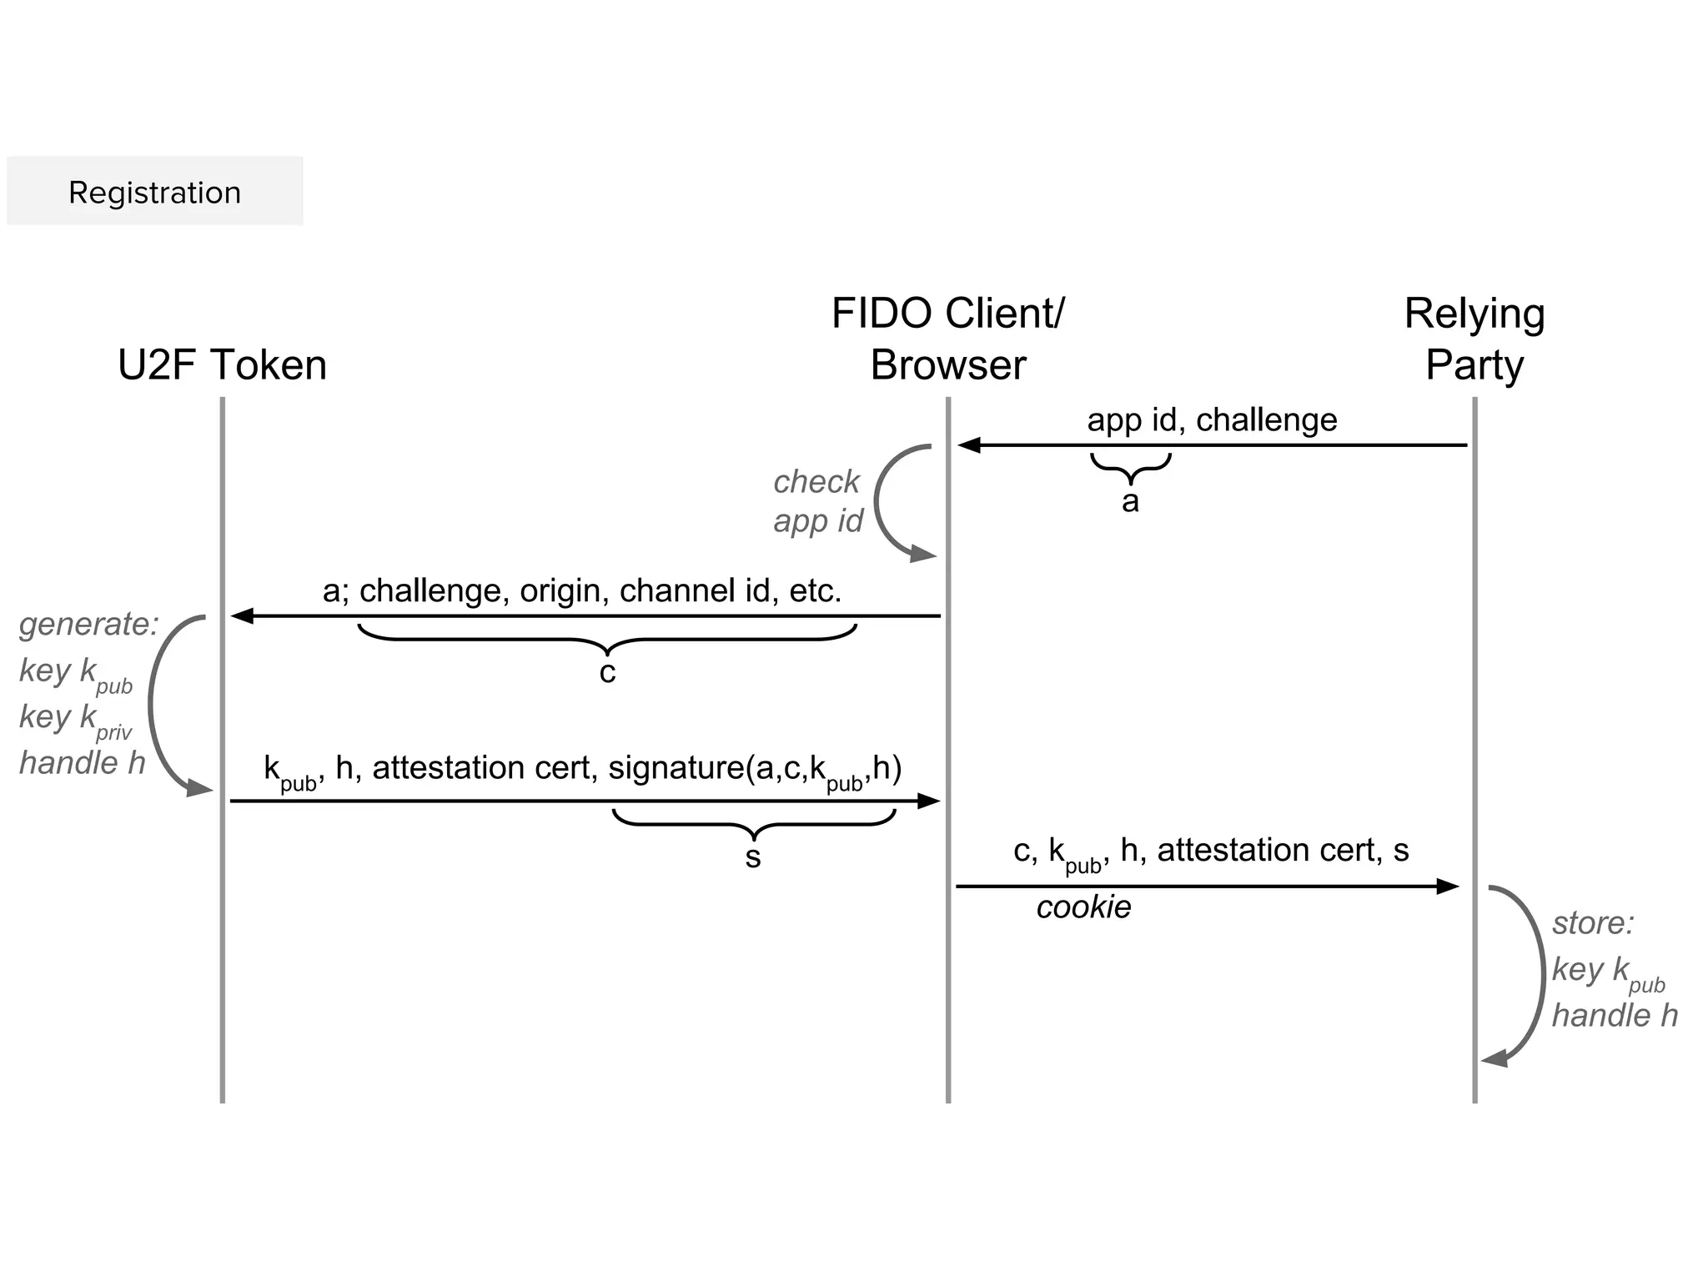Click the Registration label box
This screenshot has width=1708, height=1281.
click(x=154, y=191)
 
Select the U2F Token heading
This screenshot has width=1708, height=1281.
click(x=222, y=365)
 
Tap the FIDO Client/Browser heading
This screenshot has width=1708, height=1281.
click(x=948, y=339)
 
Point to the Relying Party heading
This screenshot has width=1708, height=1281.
click(x=1474, y=339)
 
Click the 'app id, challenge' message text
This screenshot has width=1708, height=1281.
click(x=1212, y=419)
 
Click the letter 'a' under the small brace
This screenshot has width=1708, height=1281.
click(x=1130, y=501)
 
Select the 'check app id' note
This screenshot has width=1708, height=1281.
click(x=817, y=500)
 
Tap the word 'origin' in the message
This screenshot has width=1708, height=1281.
click(x=560, y=590)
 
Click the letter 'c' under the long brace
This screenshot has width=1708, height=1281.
click(x=607, y=672)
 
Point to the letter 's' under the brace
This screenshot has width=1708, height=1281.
click(x=753, y=857)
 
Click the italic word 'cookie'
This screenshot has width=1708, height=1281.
click(x=1083, y=907)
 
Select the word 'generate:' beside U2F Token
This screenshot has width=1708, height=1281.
click(x=88, y=624)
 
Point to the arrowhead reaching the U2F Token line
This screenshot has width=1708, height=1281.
click(x=242, y=616)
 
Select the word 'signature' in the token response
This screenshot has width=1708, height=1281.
click(x=676, y=767)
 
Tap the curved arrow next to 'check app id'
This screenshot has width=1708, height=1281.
click(x=884, y=500)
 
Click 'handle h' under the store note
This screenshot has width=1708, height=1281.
click(x=1615, y=1016)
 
